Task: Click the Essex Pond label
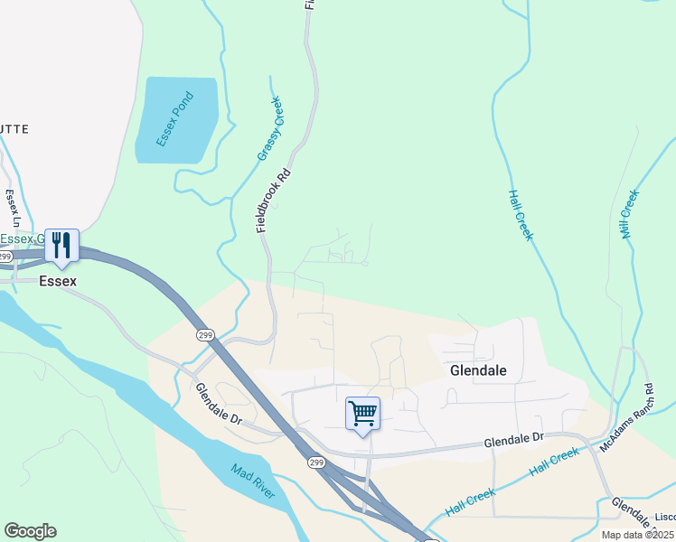point(175,119)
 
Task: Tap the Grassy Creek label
point(270,129)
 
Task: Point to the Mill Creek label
point(630,214)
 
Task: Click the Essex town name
point(58,281)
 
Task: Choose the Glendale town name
point(478,370)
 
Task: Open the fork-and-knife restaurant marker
point(61,246)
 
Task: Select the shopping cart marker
point(362,414)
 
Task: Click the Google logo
point(30,531)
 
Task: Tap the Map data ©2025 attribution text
point(638,535)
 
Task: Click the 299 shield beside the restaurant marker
point(5,257)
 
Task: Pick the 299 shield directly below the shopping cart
point(315,463)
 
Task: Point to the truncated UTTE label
point(14,129)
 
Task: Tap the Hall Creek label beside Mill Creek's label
point(521,215)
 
